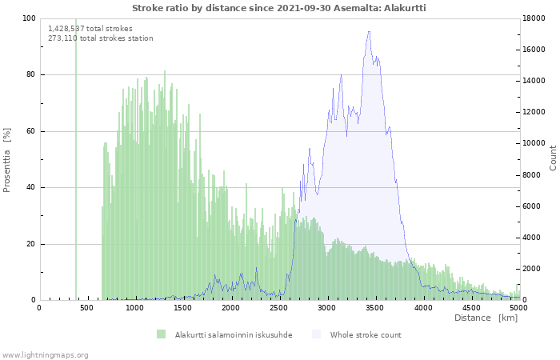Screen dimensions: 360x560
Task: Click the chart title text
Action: point(278,7)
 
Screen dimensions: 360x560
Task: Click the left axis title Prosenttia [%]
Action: point(7,160)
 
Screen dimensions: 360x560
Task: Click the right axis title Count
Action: point(553,158)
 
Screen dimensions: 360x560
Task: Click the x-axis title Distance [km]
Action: point(486,318)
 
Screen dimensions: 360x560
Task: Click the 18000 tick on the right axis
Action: point(535,18)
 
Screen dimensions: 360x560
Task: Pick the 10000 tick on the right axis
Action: point(535,144)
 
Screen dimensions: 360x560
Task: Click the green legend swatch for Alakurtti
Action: point(161,334)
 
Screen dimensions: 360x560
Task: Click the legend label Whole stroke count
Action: point(366,334)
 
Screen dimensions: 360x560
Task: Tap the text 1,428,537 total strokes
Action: point(90,29)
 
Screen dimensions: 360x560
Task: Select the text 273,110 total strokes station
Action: point(101,38)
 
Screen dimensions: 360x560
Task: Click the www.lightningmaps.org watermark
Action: point(45,354)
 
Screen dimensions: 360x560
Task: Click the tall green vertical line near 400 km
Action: point(76,160)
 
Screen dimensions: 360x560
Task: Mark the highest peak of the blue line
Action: point(369,32)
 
